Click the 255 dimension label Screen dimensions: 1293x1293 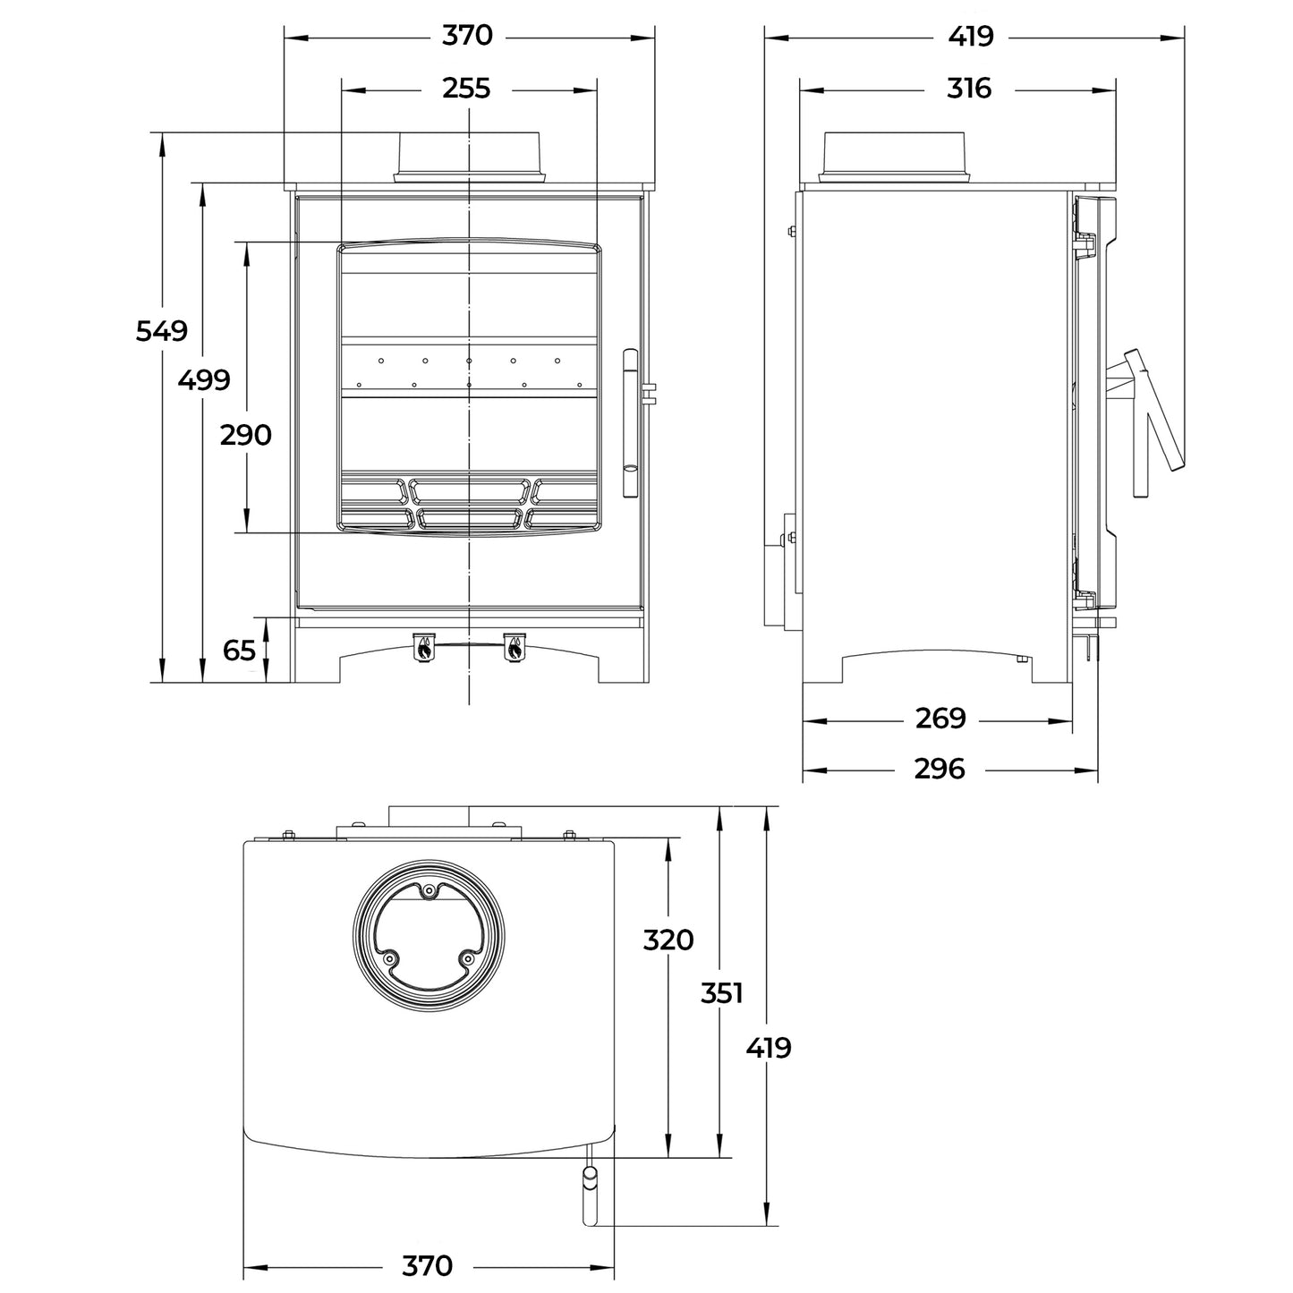pyautogui.click(x=466, y=89)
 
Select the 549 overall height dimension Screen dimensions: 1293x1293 pyautogui.click(x=162, y=331)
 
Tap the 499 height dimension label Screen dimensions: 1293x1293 pyautogui.click(x=204, y=380)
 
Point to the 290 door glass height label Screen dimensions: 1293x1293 pyautogui.click(x=245, y=436)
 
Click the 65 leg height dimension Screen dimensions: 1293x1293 pyautogui.click(x=239, y=651)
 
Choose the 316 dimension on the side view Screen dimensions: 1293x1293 pyautogui.click(x=969, y=89)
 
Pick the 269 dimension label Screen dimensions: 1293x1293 pyautogui.click(x=940, y=719)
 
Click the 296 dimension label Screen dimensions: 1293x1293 pyautogui.click(x=940, y=769)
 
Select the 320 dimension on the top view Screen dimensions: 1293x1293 pyautogui.click(x=668, y=940)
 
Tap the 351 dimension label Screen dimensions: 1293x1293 pyautogui.click(x=721, y=993)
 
